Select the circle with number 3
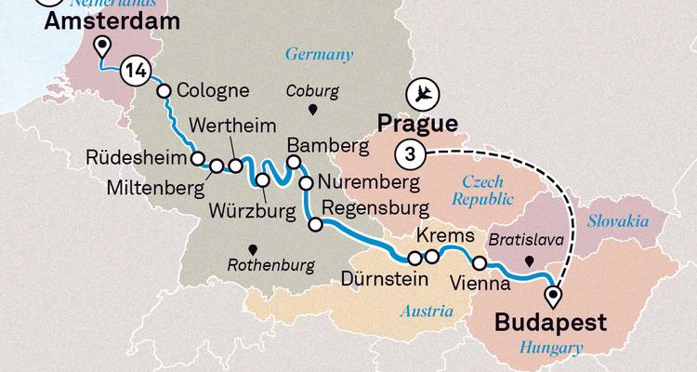click(x=408, y=153)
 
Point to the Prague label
click(x=416, y=124)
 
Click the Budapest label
click(x=550, y=324)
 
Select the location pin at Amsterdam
click(x=101, y=46)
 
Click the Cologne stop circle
click(x=164, y=91)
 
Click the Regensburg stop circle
click(x=316, y=224)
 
